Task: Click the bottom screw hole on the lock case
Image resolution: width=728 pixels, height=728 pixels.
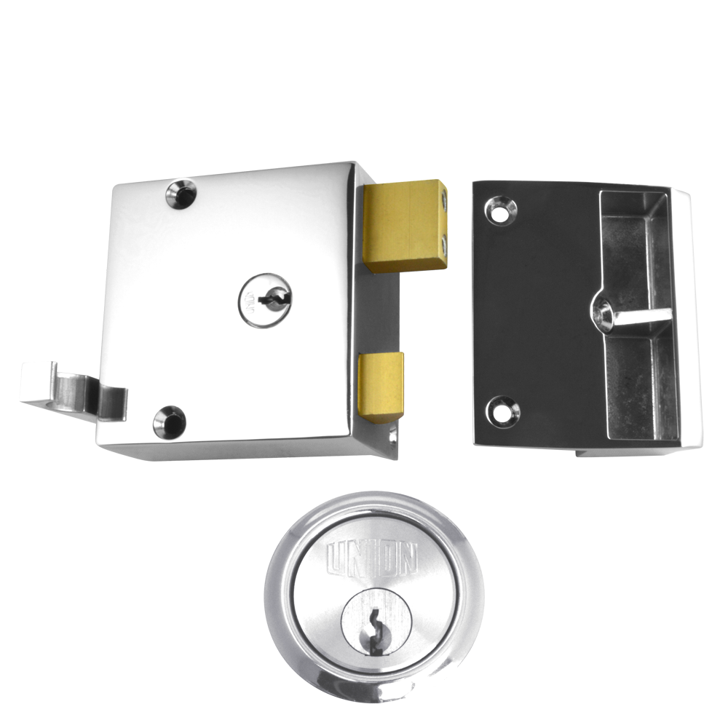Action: coord(169,420)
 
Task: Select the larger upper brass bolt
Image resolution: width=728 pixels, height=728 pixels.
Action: coord(404,226)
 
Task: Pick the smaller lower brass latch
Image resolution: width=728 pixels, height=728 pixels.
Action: coord(381,386)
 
